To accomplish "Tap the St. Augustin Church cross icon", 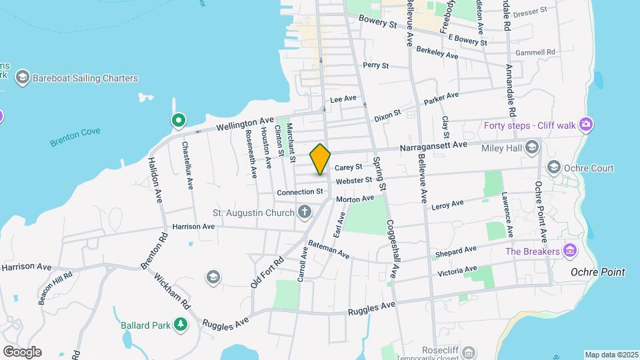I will tap(305, 213).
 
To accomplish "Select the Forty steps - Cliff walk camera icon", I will tap(585, 124).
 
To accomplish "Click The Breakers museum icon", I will tap(569, 251).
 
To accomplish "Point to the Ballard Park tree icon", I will tap(179, 325).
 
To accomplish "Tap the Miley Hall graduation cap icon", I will tap(531, 147).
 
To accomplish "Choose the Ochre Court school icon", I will tap(553, 166).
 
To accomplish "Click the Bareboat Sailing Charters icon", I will tap(22, 78).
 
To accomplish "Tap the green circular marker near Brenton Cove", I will tap(178, 121).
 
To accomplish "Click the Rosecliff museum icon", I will tap(469, 351).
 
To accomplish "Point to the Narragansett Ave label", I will tap(433, 145).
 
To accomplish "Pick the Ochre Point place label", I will tap(598, 272).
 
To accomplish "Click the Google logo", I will tap(22, 351).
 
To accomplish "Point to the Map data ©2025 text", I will tap(611, 355).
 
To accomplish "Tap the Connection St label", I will tap(300, 192).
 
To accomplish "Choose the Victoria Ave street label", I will tap(457, 271).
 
